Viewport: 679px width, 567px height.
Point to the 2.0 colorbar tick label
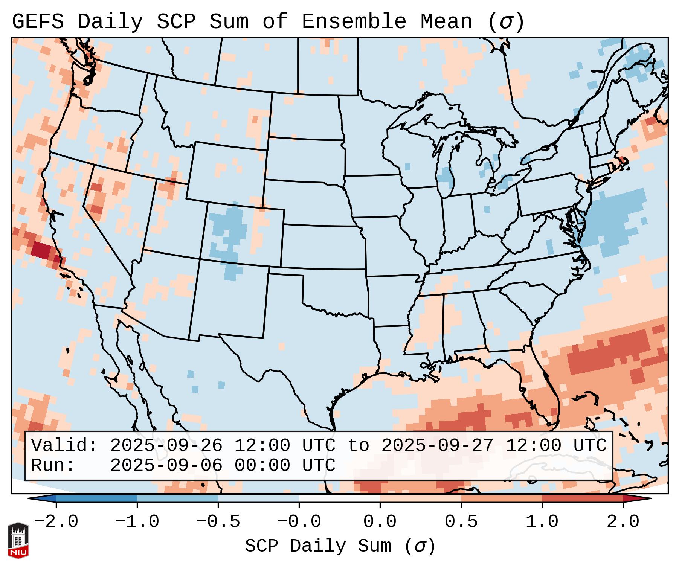coord(623,522)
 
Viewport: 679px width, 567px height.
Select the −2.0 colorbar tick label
coord(56,522)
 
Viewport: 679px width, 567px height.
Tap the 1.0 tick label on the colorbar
coord(542,522)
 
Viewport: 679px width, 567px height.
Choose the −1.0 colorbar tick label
coord(137,522)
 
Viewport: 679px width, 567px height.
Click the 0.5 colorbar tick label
coord(461,522)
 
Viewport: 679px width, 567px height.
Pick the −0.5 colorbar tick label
coord(218,522)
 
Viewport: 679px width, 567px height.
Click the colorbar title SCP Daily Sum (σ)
coord(340,546)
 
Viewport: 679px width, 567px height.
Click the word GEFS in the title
coord(38,21)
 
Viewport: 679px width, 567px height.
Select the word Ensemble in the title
coord(354,21)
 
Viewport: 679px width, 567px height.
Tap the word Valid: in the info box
coord(64,445)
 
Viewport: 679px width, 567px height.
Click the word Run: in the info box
coord(53,465)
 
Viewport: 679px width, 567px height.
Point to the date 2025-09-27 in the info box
coord(437,445)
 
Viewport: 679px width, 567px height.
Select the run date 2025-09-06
coord(166,465)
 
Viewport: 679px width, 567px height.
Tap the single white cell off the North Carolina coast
coord(623,279)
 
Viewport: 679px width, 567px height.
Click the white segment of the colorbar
coord(339,498)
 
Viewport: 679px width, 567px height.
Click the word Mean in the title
coord(446,21)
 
